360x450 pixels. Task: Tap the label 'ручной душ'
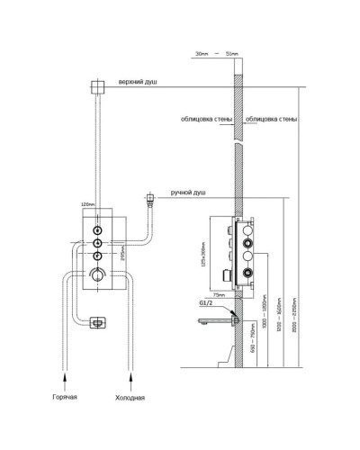click(187, 191)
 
